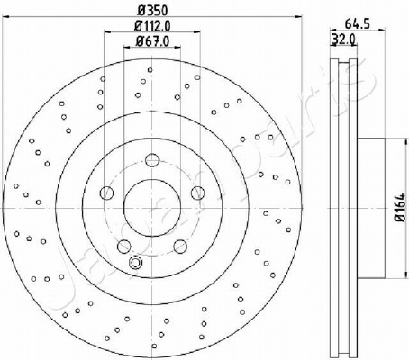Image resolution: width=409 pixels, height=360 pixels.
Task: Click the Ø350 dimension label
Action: point(152,11)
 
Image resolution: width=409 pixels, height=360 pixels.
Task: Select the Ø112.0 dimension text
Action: point(152,26)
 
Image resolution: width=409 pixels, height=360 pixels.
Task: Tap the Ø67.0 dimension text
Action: point(152,41)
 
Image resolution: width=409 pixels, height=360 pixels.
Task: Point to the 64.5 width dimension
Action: point(357,23)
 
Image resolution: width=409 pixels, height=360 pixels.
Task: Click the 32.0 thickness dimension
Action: point(343,39)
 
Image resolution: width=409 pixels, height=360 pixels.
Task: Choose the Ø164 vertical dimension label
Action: point(400,208)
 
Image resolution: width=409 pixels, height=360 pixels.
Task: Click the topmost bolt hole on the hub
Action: point(151,160)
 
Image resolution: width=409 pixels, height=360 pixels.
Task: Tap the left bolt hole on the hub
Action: point(106,193)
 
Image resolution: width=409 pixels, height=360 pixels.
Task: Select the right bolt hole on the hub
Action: point(197,193)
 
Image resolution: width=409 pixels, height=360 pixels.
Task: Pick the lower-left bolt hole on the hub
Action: point(123,247)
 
